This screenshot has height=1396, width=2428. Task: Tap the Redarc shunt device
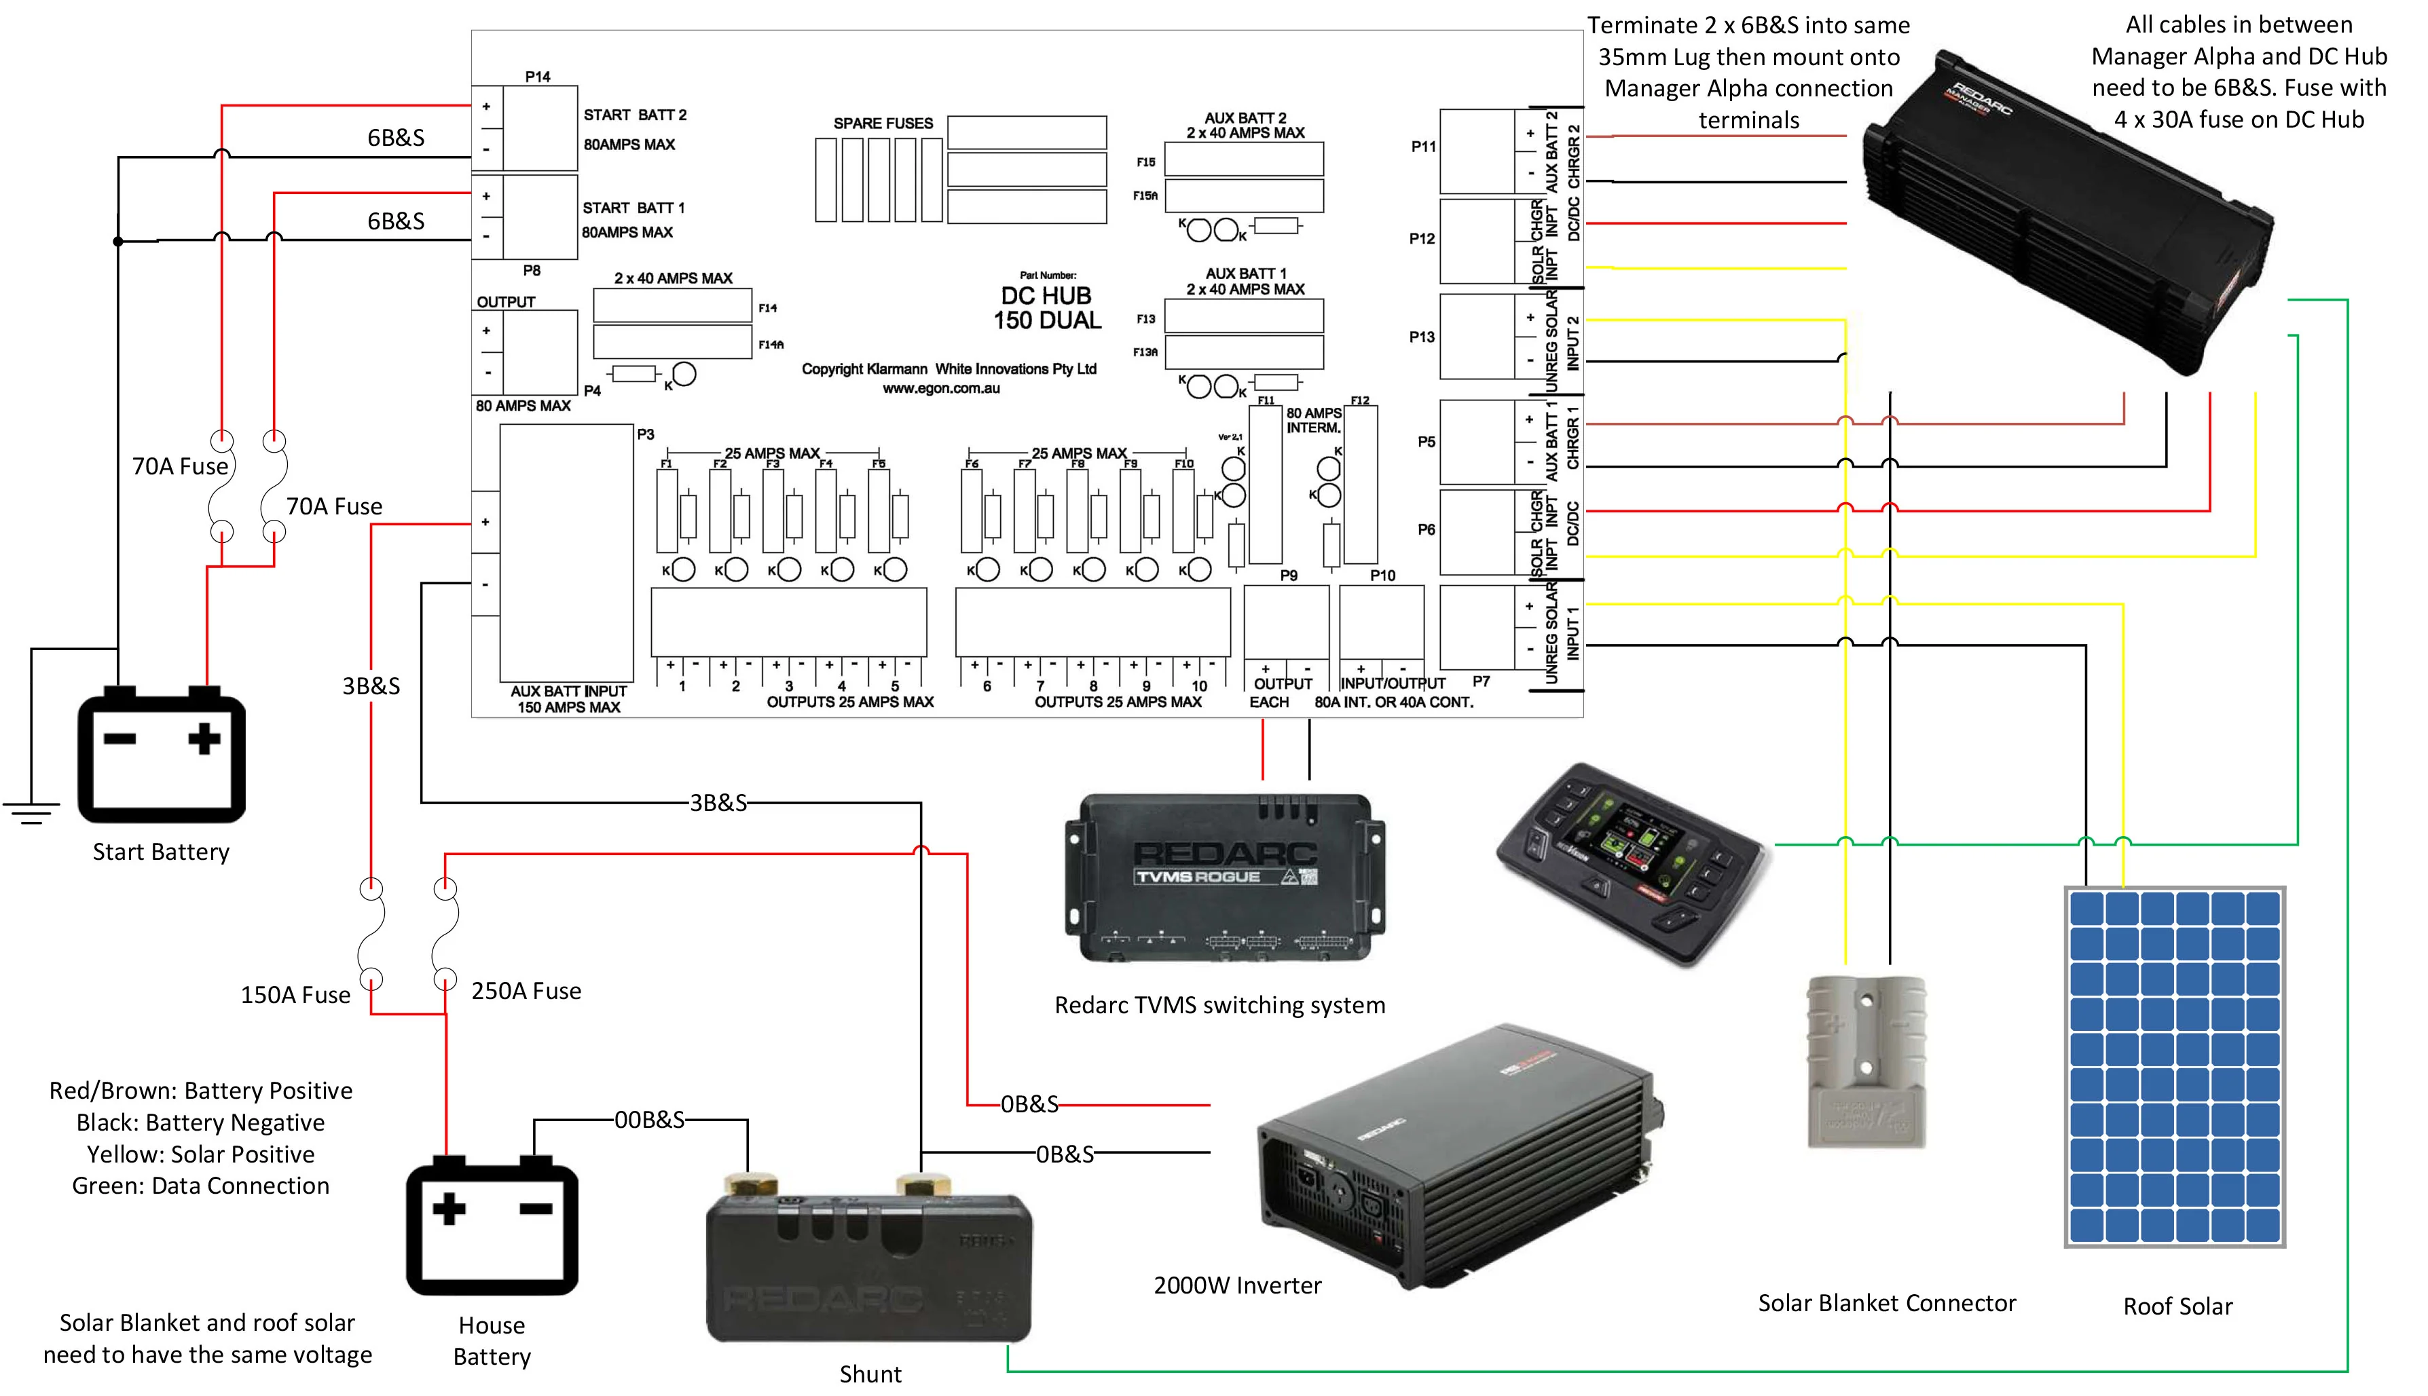pos(868,1266)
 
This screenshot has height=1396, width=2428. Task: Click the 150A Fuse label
pos(295,995)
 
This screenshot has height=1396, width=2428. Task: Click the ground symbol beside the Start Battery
pos(31,811)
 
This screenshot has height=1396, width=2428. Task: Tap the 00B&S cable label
pos(649,1120)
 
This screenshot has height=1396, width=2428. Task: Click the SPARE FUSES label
pos(882,124)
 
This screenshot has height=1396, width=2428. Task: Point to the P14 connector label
pos(538,77)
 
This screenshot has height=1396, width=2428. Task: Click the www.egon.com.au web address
pos(940,388)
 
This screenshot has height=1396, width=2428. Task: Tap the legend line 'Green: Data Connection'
pos(200,1186)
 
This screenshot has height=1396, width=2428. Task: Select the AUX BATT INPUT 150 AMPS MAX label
pos(569,699)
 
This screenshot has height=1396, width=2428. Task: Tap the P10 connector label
pos(1382,576)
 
